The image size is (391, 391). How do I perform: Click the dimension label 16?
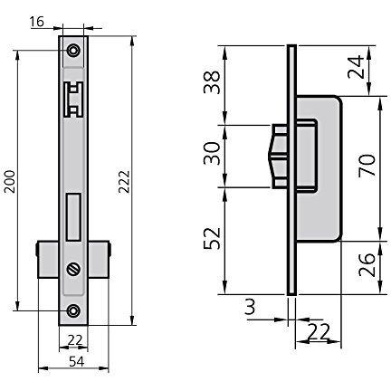37,22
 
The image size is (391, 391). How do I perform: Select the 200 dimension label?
9,182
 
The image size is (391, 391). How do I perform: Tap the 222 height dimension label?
124,182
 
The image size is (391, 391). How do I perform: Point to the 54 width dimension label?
77,361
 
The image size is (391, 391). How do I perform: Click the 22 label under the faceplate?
75,340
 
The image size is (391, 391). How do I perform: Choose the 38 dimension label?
212,82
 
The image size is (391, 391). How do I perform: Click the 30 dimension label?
212,154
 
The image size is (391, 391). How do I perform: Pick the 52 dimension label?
212,238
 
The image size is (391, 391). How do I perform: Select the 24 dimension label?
357,67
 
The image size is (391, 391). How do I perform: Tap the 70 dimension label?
367,165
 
